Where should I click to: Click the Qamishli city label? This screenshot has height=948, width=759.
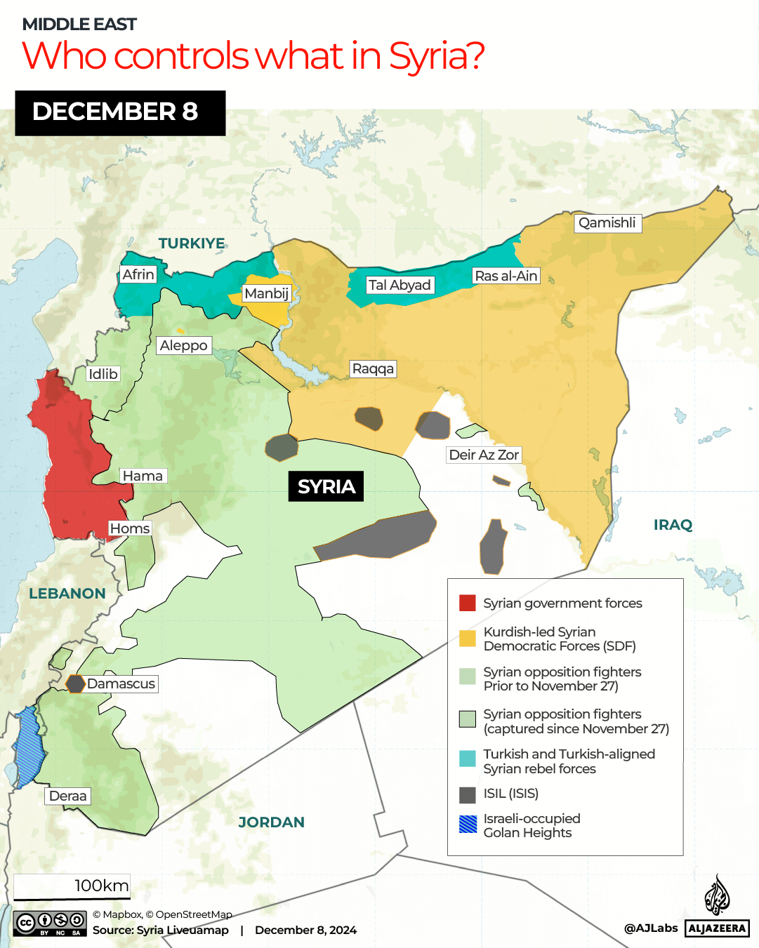tap(607, 223)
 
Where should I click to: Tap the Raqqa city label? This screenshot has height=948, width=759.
tap(373, 369)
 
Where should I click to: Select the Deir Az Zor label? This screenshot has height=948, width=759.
tap(484, 455)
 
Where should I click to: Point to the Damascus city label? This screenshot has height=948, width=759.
tap(121, 683)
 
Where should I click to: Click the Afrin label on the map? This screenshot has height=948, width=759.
tap(138, 274)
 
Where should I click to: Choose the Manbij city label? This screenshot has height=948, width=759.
tap(266, 293)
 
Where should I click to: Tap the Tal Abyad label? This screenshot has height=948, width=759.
tap(400, 285)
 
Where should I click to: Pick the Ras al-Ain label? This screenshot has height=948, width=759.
tap(506, 276)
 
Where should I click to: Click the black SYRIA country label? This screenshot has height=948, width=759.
tap(326, 486)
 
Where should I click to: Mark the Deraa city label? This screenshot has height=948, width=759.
tap(68, 796)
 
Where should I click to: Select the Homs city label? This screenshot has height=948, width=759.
tap(130, 528)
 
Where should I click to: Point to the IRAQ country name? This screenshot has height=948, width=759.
tap(673, 525)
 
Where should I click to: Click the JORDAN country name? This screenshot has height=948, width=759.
tap(271, 822)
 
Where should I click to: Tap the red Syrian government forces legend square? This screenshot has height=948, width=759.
tap(468, 603)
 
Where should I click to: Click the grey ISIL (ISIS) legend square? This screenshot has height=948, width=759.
tap(468, 794)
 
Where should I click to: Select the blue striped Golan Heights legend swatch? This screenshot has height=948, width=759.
tap(468, 825)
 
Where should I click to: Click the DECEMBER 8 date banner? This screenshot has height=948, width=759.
tap(120, 112)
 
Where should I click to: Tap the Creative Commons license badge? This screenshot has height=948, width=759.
tap(50, 923)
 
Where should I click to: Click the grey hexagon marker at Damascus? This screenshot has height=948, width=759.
tap(75, 683)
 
